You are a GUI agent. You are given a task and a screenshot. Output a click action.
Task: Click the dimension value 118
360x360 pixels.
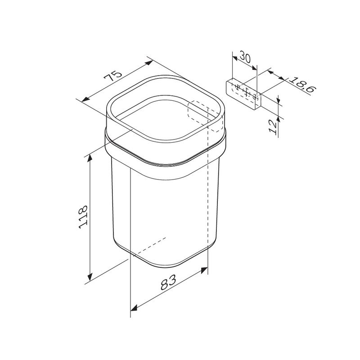point(83,217)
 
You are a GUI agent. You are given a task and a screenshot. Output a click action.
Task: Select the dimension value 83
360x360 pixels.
point(168,282)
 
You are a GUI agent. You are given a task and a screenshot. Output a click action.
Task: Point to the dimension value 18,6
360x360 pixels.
point(302,85)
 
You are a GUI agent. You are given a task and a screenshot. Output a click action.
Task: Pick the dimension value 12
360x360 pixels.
point(273,127)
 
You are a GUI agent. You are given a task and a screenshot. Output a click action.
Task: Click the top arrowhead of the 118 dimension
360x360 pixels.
point(90,158)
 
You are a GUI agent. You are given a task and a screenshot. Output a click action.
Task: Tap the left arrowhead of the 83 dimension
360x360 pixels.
point(134,308)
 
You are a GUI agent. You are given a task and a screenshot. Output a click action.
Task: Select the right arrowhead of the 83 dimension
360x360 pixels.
point(204,270)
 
